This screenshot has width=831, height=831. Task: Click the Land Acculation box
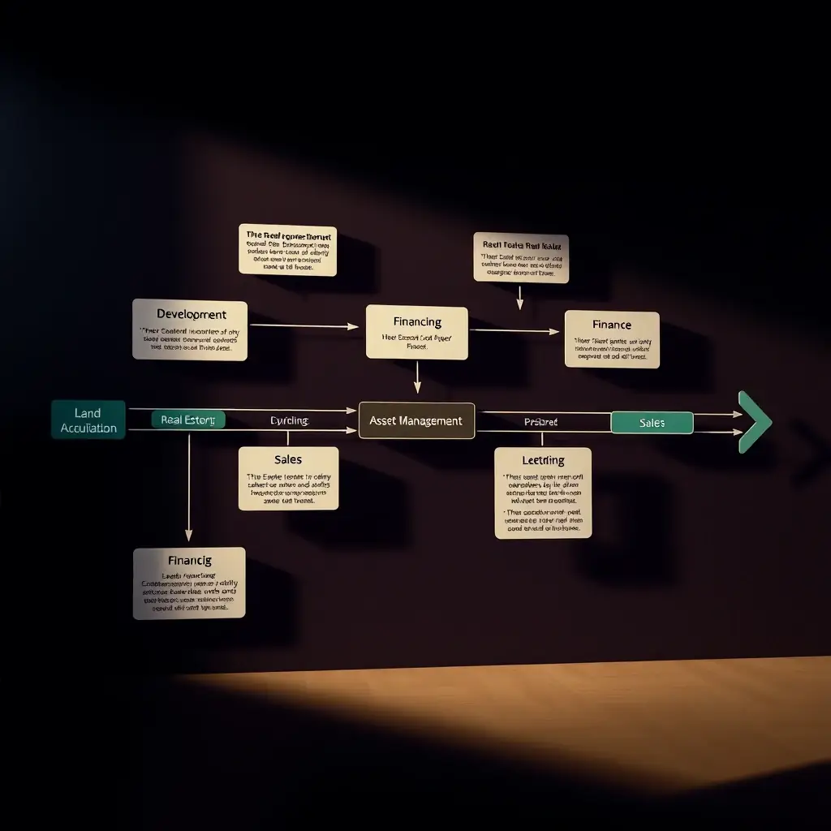88,420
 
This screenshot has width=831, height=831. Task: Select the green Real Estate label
188,420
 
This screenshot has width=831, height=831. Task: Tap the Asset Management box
416,420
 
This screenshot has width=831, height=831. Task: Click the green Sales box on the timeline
652,423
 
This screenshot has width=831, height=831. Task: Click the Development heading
192,314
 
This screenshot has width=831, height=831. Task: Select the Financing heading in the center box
417,322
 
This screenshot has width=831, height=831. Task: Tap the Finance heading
612,325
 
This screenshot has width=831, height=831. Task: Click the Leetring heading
543,461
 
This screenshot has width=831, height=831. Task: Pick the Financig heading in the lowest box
189,560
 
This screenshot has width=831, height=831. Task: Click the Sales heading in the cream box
288,460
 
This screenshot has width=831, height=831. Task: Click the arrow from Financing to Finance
515,331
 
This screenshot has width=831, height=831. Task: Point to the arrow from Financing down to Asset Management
417,377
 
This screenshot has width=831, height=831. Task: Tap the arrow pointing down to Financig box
188,487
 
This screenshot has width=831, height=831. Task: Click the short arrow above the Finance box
519,297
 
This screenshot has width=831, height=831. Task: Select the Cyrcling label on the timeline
289,420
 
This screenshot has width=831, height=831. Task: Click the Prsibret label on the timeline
540,422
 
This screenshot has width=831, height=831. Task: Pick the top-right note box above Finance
520,258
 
